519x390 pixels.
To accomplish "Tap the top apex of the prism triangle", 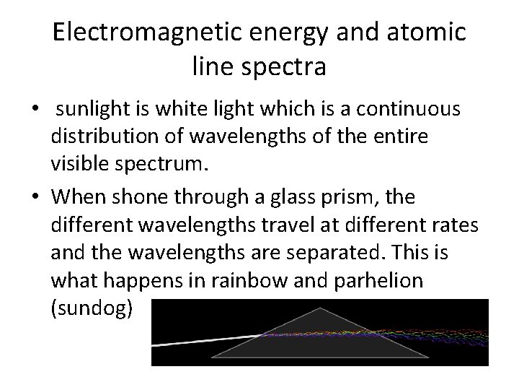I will (320, 309).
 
